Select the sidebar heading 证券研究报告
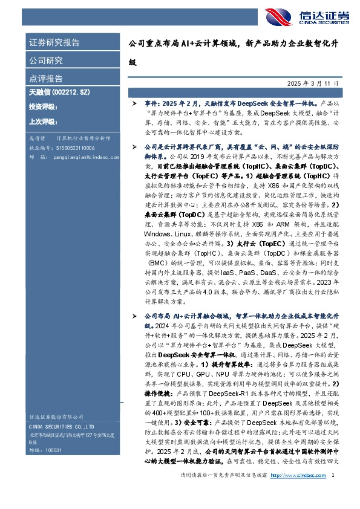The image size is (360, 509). coord(54,43)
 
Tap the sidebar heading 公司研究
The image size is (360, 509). coord(46,60)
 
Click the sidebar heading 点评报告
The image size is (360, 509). coord(46,79)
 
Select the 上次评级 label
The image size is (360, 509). coord(42,122)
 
